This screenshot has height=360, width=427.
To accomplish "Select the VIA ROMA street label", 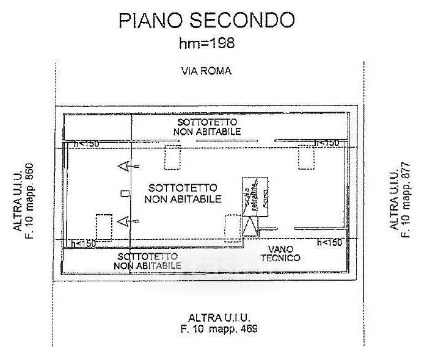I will pyautogui.click(x=206, y=71).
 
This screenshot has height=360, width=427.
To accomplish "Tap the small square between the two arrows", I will pyautogui.click(x=125, y=193).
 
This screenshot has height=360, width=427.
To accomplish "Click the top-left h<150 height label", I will pyautogui.click(x=86, y=143).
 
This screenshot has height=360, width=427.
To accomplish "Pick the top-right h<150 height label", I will pyautogui.click(x=326, y=143).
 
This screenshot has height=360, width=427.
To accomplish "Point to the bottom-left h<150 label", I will pyautogui.click(x=84, y=243).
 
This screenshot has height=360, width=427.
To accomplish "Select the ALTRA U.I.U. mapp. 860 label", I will pyautogui.click(x=24, y=200).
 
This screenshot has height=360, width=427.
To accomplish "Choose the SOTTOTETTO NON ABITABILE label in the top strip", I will pyautogui.click(x=207, y=127).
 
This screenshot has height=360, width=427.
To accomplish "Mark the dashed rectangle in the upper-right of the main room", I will pyautogui.click(x=306, y=158).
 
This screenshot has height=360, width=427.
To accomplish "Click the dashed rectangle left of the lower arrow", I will pyautogui.click(x=104, y=225).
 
